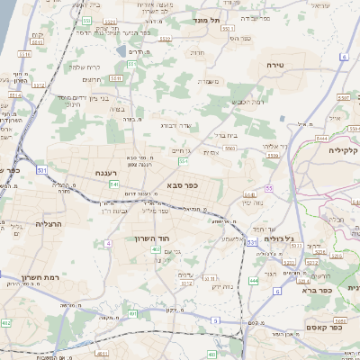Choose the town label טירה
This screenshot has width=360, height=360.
click(x=276, y=66)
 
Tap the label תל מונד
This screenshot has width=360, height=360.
click(x=206, y=19)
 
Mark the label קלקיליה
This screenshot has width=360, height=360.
click(x=344, y=150)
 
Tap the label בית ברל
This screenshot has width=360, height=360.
click(x=225, y=135)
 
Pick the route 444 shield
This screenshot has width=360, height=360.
click(x=254, y=281)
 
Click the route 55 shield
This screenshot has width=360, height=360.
click(x=269, y=187)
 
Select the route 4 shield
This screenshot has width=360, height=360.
click(x=108, y=243)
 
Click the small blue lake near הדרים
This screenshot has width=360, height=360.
click(x=121, y=51)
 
